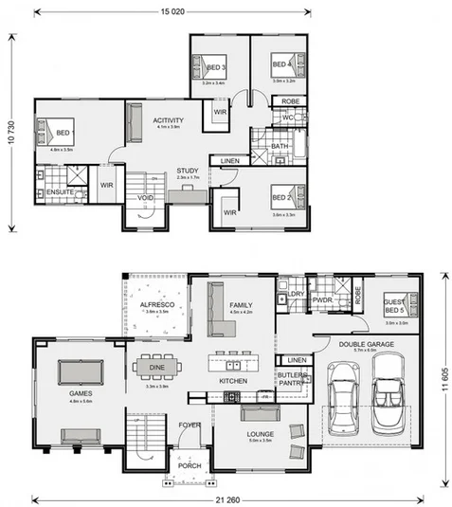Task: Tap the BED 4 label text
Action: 280,65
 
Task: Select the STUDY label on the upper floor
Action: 188,172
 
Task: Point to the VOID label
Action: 145,198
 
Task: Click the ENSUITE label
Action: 60,192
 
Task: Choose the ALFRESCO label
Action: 155,303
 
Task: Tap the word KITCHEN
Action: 233,380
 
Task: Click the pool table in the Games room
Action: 80,369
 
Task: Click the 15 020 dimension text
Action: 172,11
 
